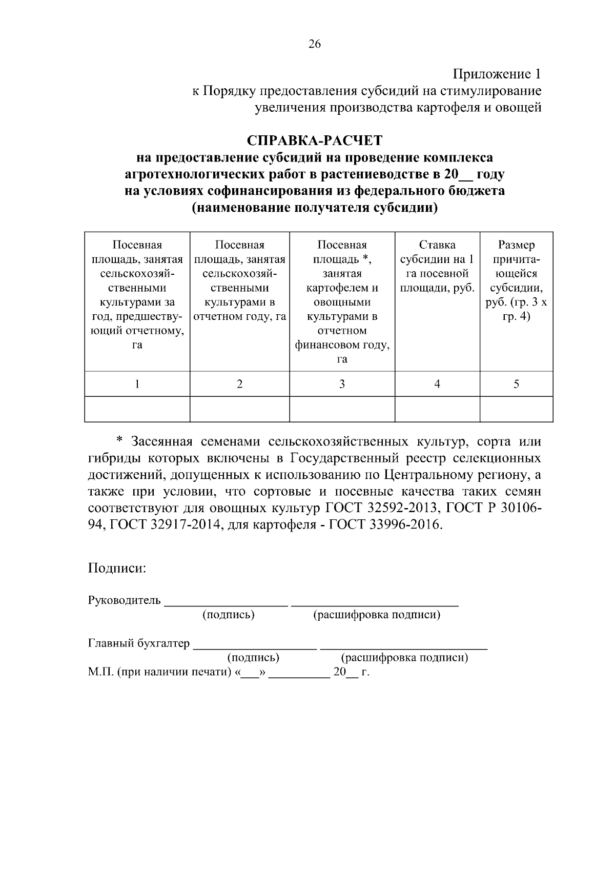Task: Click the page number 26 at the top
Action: click(x=314, y=45)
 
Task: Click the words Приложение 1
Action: click(x=497, y=74)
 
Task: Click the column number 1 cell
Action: click(x=137, y=384)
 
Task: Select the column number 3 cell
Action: click(x=342, y=384)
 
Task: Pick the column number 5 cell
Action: click(x=516, y=384)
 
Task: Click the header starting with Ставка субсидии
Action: click(x=437, y=267)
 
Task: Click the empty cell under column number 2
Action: click(x=239, y=409)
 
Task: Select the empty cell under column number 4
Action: click(x=437, y=409)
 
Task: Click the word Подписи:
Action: click(x=117, y=568)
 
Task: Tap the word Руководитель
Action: click(x=125, y=600)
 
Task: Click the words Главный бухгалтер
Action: click(x=139, y=643)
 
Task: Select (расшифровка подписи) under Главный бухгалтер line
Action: click(x=404, y=658)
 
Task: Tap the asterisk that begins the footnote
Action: click(x=120, y=441)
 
